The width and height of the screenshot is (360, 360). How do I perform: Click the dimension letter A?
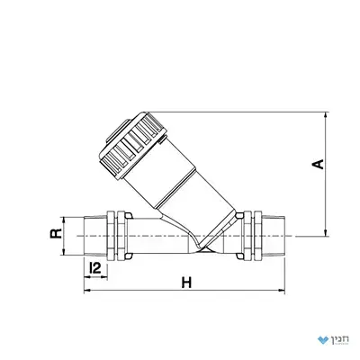click(x=319, y=165)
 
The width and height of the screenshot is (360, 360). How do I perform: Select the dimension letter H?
click(x=186, y=283)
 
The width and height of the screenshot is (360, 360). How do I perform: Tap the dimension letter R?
click(x=56, y=234)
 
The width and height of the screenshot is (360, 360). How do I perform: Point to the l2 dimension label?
click(x=95, y=268)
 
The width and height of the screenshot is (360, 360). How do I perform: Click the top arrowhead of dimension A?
click(x=326, y=115)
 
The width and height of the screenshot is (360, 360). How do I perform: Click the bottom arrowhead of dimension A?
click(x=326, y=233)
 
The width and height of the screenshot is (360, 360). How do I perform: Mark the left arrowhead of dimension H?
click(x=87, y=290)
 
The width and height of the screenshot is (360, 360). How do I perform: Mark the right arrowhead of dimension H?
click(x=282, y=290)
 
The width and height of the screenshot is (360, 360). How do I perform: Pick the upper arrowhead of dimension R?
click(x=63, y=220)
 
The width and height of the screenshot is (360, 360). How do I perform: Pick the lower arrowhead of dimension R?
click(x=63, y=252)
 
